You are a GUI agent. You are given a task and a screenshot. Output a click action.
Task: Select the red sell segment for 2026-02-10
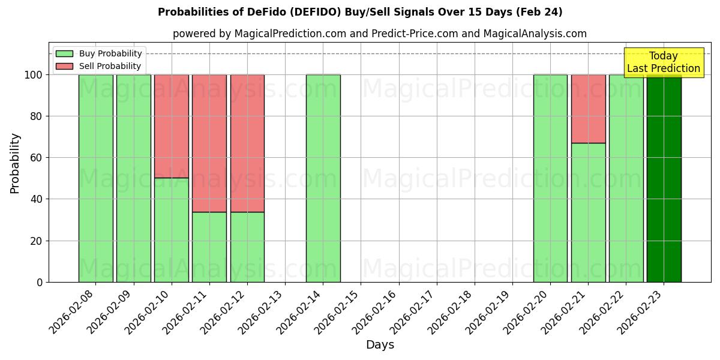click(172, 126)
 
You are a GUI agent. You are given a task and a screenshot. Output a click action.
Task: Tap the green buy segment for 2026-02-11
click(209, 247)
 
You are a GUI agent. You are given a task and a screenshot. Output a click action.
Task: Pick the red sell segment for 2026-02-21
click(588, 109)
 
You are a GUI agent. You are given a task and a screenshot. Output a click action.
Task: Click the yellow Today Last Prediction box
click(663, 62)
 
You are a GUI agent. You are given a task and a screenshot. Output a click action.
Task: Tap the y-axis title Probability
click(15, 163)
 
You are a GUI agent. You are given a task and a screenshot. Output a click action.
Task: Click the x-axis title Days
click(380, 345)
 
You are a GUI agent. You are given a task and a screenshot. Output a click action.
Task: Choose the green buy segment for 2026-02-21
click(588, 212)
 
